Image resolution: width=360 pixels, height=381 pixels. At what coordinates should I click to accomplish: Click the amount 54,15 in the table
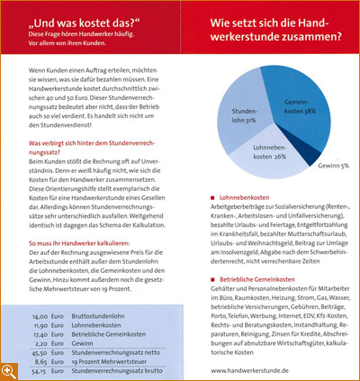coord(41,370)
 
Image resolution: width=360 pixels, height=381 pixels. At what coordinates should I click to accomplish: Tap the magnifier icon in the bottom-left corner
coord(9,372)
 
